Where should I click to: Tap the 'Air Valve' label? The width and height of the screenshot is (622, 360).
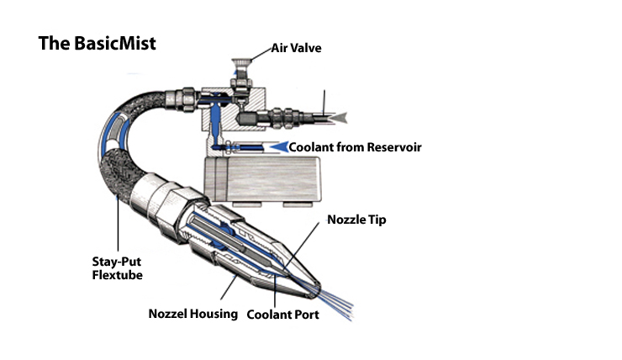point(296,48)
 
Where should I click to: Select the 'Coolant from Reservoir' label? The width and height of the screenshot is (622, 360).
point(355,147)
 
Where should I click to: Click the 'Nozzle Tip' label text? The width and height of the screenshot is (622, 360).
point(352,220)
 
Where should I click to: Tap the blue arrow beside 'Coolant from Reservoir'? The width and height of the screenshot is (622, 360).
point(275,147)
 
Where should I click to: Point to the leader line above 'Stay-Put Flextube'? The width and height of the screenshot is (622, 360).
point(119,214)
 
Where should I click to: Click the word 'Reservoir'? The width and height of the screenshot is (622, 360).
point(390,147)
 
